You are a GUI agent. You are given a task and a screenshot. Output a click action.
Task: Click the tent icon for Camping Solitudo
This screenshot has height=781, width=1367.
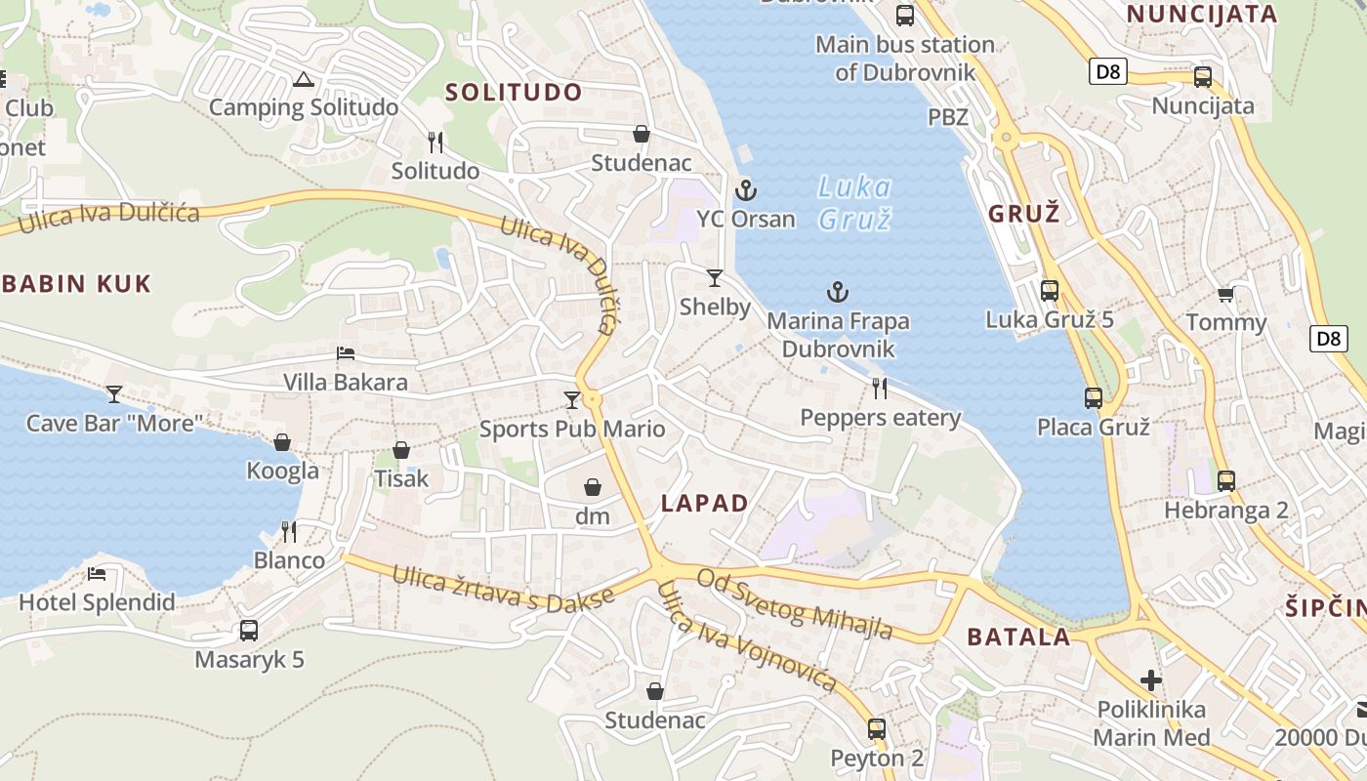tap(303, 79)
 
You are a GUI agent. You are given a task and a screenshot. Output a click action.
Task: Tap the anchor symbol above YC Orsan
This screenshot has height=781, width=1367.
tap(746, 189)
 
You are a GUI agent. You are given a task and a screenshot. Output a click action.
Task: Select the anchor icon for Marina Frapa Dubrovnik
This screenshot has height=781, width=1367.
tap(837, 291)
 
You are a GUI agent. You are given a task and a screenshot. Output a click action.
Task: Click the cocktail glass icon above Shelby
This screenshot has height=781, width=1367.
tap(715, 278)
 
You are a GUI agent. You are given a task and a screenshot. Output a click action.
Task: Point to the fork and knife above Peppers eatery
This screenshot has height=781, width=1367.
tap(880, 389)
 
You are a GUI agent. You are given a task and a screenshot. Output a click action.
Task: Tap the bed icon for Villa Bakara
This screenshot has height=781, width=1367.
tap(346, 353)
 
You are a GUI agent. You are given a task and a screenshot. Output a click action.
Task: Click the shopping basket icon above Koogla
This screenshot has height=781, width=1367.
tap(282, 442)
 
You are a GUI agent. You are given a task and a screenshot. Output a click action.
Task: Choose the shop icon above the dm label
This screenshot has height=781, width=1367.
tap(592, 487)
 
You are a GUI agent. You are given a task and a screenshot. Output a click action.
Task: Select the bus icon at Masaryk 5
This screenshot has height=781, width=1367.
tap(249, 631)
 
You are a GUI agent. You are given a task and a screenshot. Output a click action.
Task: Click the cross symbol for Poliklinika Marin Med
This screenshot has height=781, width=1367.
tap(1151, 679)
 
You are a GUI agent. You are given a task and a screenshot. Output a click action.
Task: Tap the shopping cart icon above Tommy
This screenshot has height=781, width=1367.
tap(1225, 294)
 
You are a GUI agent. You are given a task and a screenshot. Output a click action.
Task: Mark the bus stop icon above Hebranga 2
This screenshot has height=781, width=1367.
tap(1225, 481)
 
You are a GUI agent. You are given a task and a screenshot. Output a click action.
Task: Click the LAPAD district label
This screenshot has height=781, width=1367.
tap(704, 504)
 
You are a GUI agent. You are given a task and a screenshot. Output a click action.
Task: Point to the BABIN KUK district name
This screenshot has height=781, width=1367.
tap(76, 284)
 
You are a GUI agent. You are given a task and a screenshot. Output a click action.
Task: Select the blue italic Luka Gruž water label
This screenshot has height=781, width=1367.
tap(854, 202)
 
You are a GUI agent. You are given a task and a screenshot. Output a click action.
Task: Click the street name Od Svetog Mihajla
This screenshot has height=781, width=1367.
tap(794, 603)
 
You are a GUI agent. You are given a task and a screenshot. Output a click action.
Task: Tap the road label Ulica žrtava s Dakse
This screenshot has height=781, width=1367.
tap(503, 590)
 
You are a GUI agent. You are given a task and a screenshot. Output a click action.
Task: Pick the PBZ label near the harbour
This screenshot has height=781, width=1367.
tap(948, 117)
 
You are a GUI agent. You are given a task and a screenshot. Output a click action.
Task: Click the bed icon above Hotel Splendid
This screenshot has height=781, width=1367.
tap(96, 573)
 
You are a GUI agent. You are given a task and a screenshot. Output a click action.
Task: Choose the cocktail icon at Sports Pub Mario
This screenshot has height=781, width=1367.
tap(572, 400)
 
